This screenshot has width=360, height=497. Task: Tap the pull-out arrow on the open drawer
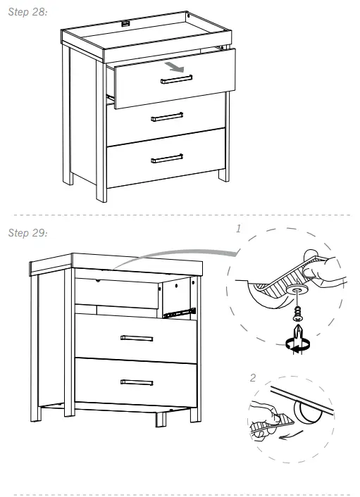tap(175, 68)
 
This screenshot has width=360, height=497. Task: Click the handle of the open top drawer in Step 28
tap(176, 81)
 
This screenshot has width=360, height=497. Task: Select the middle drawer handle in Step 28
tap(167, 116)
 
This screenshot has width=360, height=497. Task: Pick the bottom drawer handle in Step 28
tap(167, 158)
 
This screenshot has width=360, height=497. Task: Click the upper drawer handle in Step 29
tap(137, 338)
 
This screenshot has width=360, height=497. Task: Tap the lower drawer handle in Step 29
tap(137, 382)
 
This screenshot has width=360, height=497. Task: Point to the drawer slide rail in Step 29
tap(179, 310)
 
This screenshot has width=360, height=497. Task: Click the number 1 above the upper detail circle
tap(239, 229)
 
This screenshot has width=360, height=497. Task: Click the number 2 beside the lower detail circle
tap(254, 378)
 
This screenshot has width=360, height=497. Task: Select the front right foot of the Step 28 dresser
tap(223, 174)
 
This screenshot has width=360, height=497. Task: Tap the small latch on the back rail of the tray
tap(127, 23)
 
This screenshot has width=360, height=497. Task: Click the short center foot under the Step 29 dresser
tap(160, 419)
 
